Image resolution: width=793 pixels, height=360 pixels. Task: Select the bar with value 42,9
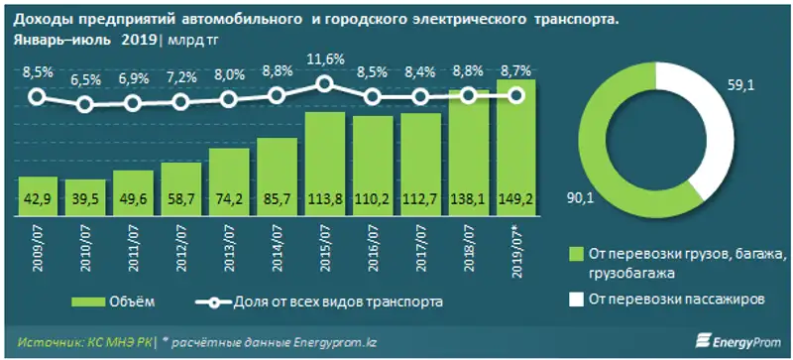38,194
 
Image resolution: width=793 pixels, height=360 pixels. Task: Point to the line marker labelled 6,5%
85,104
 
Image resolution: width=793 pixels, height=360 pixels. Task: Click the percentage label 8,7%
517,71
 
